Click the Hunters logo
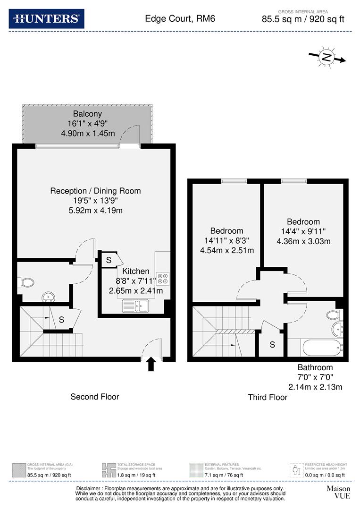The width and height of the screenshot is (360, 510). (46, 19)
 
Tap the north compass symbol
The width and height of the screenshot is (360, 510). (327, 58)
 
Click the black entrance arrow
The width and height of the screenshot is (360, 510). (151, 364)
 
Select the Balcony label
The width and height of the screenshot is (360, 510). (87, 114)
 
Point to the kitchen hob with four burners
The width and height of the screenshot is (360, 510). (163, 278)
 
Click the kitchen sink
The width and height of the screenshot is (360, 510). (135, 306)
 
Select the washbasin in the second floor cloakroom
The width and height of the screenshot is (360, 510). (48, 297)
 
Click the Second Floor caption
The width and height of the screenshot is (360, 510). (95, 397)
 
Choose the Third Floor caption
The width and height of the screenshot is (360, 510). (268, 397)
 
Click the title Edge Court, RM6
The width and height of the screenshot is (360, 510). (174, 19)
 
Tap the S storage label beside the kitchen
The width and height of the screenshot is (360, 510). (109, 260)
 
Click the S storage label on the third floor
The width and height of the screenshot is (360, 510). (272, 345)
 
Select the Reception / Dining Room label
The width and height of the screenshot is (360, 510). (95, 191)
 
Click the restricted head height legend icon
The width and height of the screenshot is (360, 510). (296, 470)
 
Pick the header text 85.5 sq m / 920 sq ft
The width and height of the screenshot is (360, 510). (303, 19)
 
